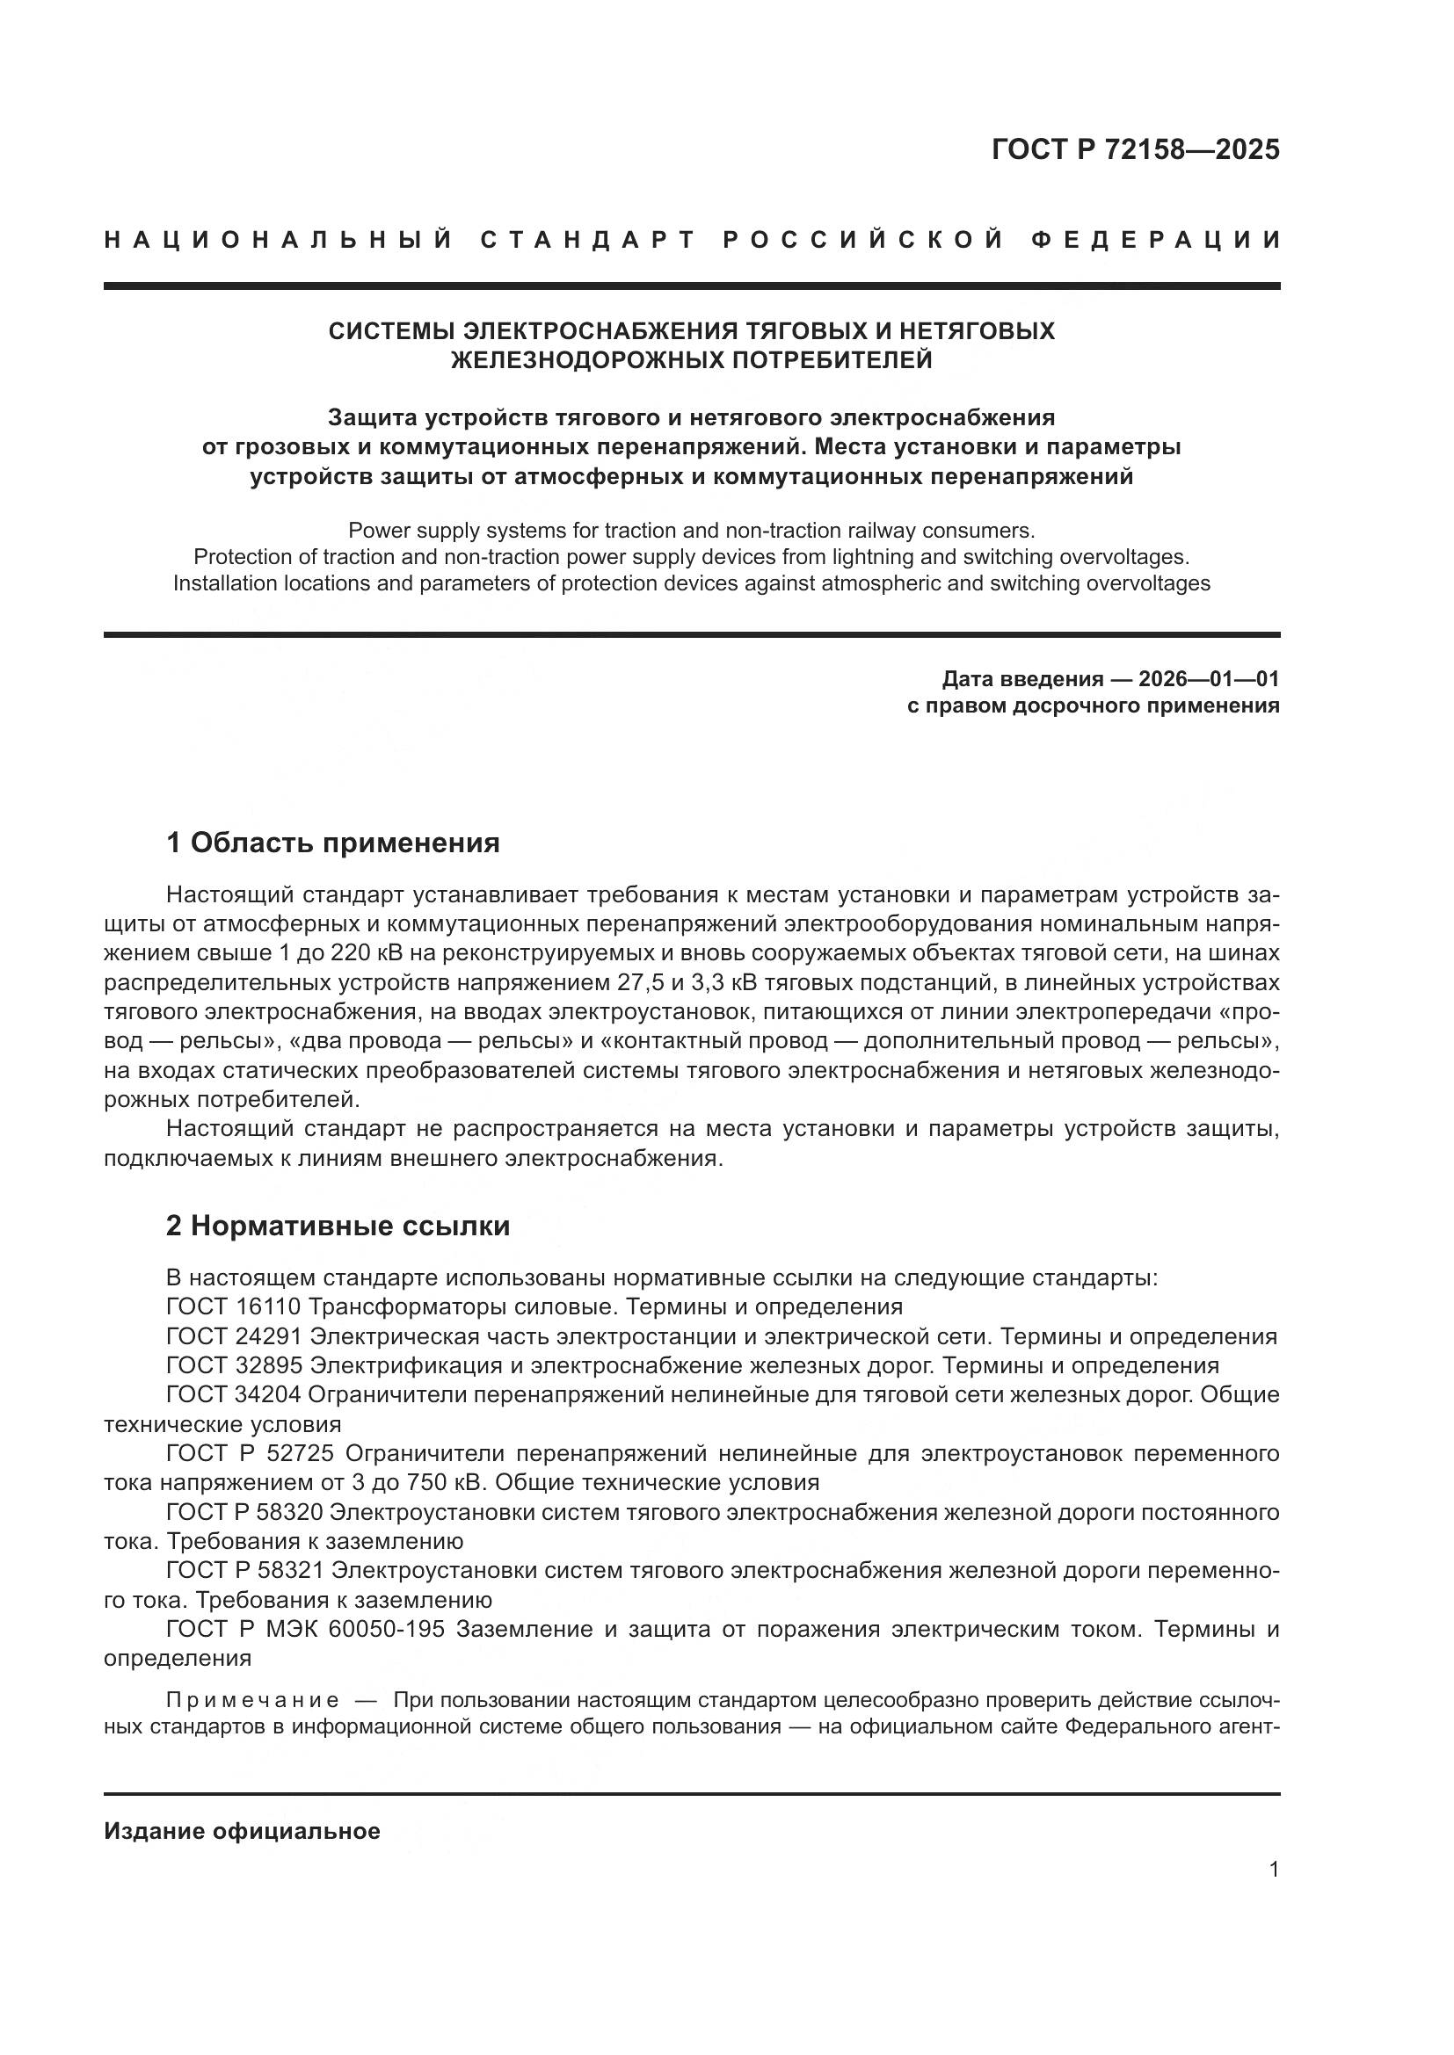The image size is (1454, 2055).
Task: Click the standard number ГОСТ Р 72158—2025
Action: point(1134,149)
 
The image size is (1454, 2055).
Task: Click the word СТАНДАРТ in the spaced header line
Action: point(588,240)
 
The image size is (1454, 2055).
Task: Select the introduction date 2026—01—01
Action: point(1208,679)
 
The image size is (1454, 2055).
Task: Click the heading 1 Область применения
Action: point(332,843)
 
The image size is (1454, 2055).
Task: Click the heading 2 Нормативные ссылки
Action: point(338,1226)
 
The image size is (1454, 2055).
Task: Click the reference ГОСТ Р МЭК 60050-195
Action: point(305,1629)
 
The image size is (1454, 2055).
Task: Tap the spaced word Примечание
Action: point(252,1700)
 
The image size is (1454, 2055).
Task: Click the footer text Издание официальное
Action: point(242,1831)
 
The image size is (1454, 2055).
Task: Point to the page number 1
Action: point(1273,1870)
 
